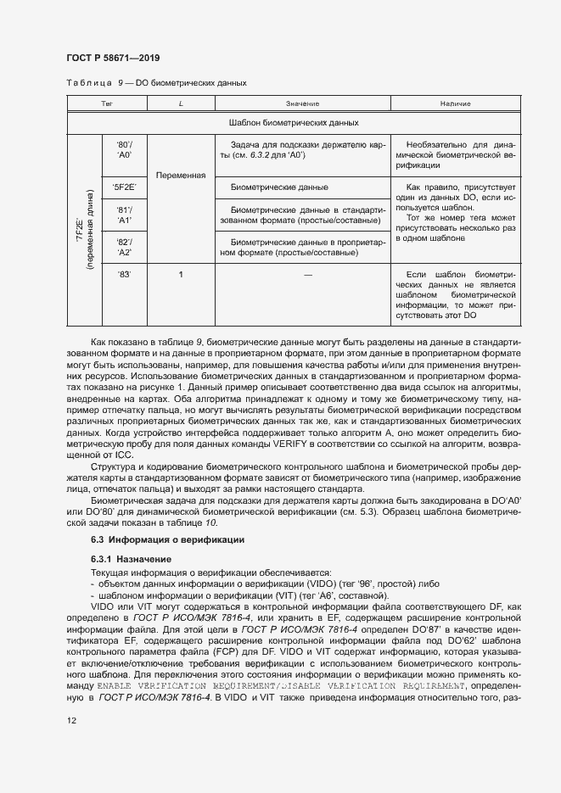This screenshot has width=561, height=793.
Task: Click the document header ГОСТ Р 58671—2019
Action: click(x=112, y=58)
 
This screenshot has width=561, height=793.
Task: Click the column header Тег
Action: click(x=107, y=103)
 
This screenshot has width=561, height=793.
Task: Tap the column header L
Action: click(x=181, y=103)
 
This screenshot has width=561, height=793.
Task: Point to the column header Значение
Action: click(x=302, y=103)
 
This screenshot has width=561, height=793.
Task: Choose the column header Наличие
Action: click(x=455, y=103)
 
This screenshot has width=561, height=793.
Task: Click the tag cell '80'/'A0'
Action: click(x=124, y=150)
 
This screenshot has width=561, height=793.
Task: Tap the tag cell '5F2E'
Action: click(x=124, y=187)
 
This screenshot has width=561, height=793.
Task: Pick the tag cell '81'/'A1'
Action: click(x=124, y=215)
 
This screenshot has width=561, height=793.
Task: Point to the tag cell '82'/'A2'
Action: click(x=124, y=247)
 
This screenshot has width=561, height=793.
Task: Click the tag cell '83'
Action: click(x=124, y=275)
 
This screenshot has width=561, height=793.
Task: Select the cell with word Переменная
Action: click(x=181, y=176)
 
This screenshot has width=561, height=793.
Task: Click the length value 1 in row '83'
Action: click(x=181, y=275)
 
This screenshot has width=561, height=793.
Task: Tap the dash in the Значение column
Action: click(x=307, y=275)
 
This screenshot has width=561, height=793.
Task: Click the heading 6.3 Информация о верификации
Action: click(x=167, y=539)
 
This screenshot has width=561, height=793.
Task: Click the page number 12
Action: click(x=71, y=720)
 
